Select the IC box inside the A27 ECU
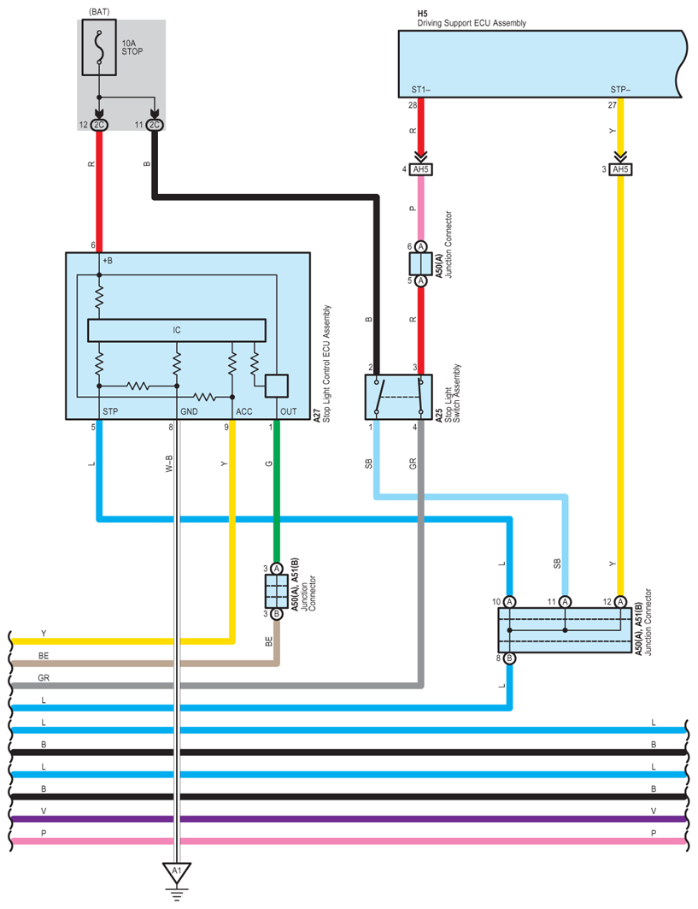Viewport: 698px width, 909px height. click(177, 329)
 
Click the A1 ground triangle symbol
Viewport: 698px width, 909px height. click(177, 873)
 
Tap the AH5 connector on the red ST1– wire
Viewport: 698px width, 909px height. click(420, 169)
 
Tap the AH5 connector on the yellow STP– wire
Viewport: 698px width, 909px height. click(620, 169)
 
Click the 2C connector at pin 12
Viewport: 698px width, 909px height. click(99, 126)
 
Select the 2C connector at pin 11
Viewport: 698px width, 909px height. click(155, 126)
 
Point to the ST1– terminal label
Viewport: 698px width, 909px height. click(420, 89)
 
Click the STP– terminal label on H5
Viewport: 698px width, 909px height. click(619, 89)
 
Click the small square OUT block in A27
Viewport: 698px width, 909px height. click(277, 387)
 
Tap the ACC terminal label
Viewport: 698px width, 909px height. click(243, 411)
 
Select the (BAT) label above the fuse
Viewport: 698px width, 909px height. click(99, 10)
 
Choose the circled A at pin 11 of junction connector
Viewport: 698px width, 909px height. click(565, 601)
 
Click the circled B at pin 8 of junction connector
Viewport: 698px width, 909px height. click(509, 658)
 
